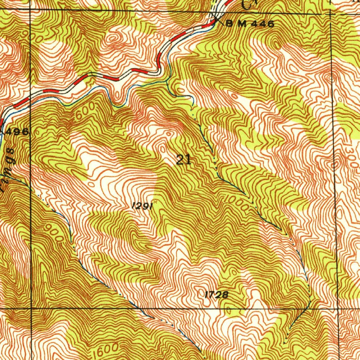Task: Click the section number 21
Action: (x=183, y=160)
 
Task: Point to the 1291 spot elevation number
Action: (x=142, y=206)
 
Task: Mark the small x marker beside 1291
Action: (x=154, y=201)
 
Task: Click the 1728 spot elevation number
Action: (x=216, y=295)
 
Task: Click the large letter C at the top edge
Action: (x=248, y=4)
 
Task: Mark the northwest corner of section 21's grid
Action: (x=31, y=10)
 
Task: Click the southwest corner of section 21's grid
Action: (x=32, y=309)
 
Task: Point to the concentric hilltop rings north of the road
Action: (x=113, y=39)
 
